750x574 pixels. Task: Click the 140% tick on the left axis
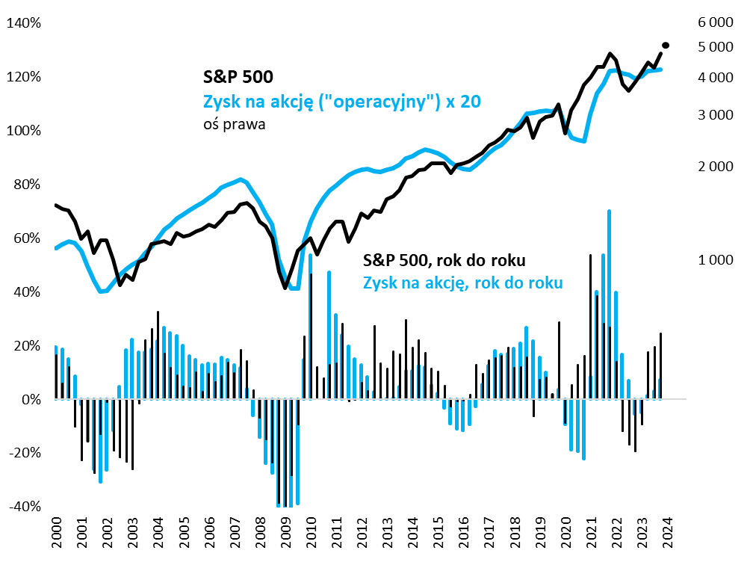click(24, 23)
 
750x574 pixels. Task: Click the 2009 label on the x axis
click(285, 532)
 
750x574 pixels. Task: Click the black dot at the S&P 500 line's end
click(666, 46)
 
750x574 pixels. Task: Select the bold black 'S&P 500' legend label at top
click(238, 76)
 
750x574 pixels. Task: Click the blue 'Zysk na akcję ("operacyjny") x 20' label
click(341, 102)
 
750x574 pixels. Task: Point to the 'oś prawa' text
click(235, 126)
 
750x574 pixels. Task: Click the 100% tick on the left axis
click(24, 131)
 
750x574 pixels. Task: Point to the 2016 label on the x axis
click(463, 532)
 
